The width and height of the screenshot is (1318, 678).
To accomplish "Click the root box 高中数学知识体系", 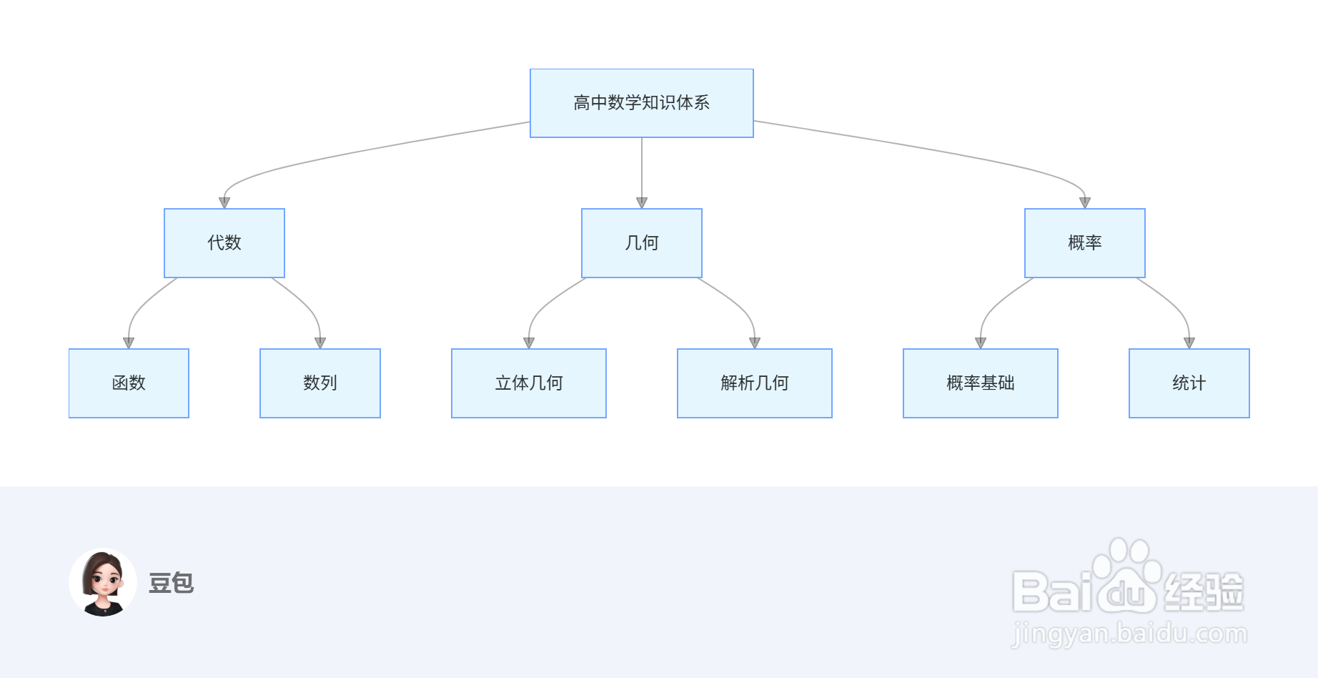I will point(641,103).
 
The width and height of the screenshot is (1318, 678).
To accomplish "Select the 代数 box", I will point(224,243).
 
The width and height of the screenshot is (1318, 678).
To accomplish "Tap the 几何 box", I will point(641,243).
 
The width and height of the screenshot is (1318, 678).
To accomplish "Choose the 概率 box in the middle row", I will point(1084,243).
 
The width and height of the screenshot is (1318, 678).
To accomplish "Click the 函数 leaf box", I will point(129,383).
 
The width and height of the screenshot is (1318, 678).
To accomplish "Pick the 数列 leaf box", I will point(320,383).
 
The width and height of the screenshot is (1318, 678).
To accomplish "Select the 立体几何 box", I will point(529,383).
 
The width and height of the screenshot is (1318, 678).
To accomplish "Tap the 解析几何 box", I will point(754,383).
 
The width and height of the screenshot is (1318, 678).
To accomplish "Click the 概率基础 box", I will point(980,383).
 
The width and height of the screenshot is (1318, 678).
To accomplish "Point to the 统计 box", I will point(1189,383).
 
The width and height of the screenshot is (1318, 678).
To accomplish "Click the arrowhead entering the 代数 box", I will point(224,202).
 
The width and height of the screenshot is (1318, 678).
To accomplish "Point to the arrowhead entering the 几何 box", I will point(642,202).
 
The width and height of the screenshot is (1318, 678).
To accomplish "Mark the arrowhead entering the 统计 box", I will point(1189,343).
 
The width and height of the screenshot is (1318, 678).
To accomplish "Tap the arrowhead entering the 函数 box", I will point(129,343).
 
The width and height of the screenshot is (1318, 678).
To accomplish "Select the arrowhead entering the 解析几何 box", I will point(754,343).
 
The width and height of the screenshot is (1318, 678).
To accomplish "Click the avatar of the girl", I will point(103,582).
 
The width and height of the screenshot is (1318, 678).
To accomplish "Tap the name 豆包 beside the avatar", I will point(171,583).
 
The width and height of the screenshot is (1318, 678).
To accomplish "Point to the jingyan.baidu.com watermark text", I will point(1129,634).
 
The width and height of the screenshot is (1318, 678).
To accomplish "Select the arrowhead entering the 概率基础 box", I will point(980,343).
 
